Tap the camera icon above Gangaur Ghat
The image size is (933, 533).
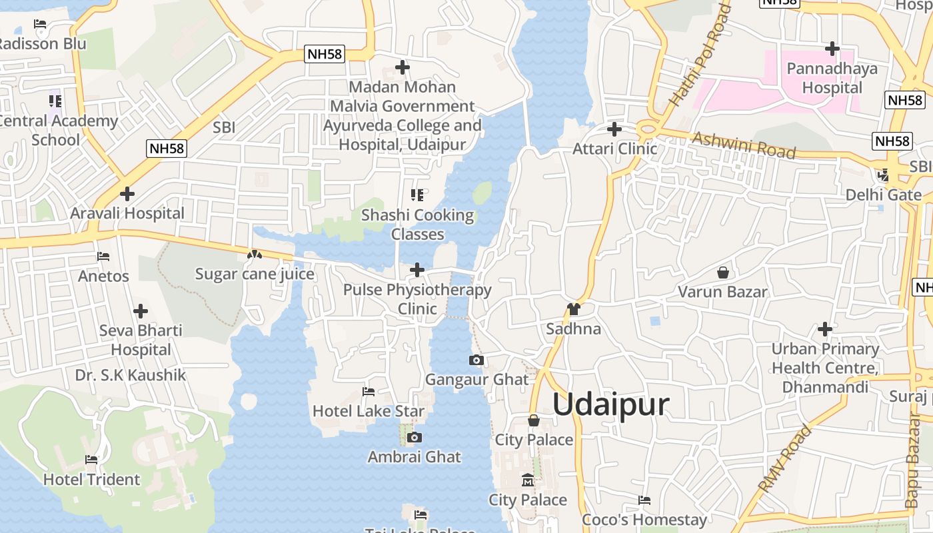coord(476,360)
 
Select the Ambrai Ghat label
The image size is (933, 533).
coord(415,457)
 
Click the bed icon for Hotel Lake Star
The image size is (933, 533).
coord(368,392)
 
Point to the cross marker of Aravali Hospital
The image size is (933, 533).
coord(127,194)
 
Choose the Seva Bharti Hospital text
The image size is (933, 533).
coord(141,340)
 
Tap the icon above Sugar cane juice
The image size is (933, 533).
coord(254,255)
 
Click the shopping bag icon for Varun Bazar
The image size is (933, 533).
coord(722,272)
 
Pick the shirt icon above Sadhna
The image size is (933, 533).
coord(573,309)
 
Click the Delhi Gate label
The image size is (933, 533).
coord(883,195)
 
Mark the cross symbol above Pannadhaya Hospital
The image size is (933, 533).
coord(832,49)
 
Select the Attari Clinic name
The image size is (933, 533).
coord(614,149)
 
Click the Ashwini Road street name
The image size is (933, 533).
coord(744,145)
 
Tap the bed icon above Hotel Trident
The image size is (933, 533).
coord(91,460)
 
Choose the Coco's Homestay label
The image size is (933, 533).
coord(644,520)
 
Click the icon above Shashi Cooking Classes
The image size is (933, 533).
coord(417,195)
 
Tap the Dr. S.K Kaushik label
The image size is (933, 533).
coord(131,375)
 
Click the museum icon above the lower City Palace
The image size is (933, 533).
coord(527,480)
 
